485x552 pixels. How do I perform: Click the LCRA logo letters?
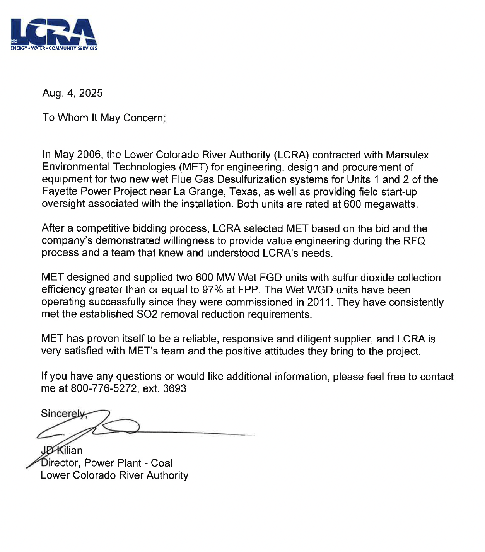(x=53, y=32)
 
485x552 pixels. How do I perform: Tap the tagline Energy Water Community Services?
(x=54, y=48)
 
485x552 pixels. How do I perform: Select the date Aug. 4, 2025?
(x=72, y=93)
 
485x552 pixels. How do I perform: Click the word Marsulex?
(x=407, y=155)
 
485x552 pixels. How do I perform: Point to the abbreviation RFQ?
(x=414, y=241)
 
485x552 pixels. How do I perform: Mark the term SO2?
(x=147, y=314)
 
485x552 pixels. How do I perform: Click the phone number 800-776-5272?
(x=104, y=388)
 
